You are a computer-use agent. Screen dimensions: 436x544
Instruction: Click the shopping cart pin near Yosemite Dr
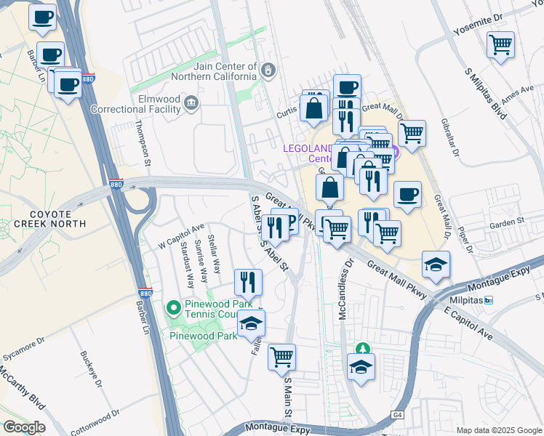(x=501, y=45)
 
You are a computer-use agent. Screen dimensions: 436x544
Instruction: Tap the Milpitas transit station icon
(x=489, y=300)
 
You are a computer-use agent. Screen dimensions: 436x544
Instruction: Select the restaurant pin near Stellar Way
(x=248, y=281)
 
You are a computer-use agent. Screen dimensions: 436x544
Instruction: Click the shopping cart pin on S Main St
(x=281, y=358)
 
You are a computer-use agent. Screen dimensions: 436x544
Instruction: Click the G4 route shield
(x=396, y=415)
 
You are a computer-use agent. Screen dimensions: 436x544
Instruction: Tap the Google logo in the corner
(x=25, y=427)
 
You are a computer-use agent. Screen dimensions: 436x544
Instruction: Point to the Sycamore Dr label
(x=25, y=339)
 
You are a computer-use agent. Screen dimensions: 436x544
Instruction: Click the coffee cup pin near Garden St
(x=407, y=195)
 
